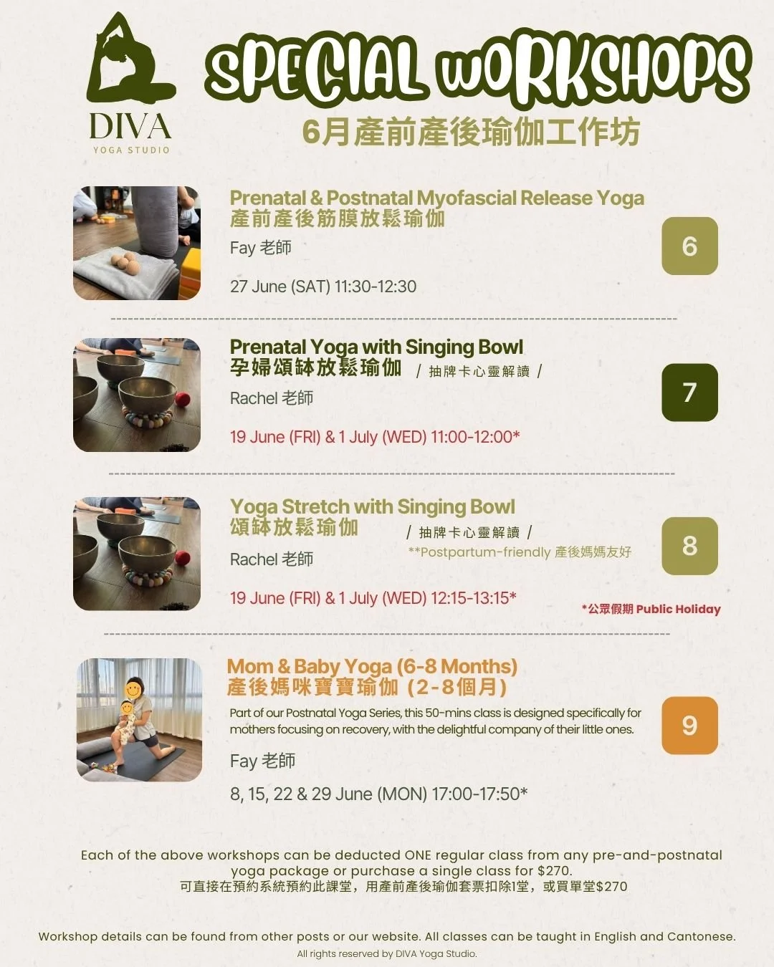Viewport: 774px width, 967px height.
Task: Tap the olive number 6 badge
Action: (689, 246)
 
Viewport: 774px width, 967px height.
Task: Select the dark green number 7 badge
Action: (689, 393)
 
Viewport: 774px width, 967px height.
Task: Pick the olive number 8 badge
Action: (689, 546)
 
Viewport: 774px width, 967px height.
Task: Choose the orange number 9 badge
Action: (689, 726)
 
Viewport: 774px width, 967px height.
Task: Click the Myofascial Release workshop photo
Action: (137, 243)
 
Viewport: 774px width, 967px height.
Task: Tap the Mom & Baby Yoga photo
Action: (139, 720)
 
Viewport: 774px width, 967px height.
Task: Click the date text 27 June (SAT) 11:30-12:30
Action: (323, 287)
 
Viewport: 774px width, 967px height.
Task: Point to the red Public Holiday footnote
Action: (651, 609)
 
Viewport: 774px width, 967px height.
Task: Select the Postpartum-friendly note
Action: (520, 552)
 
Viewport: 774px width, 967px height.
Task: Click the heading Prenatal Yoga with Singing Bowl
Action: (376, 347)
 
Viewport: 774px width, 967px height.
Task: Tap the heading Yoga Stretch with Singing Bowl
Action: (373, 506)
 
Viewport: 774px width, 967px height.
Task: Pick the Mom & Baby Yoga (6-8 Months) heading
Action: (373, 666)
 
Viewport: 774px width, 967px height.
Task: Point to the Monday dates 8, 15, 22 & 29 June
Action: (328, 794)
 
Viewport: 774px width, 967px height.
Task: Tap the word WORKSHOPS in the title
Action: (593, 67)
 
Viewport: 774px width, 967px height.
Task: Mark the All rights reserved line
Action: (387, 953)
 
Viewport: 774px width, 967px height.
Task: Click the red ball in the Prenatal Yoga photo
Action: (182, 399)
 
